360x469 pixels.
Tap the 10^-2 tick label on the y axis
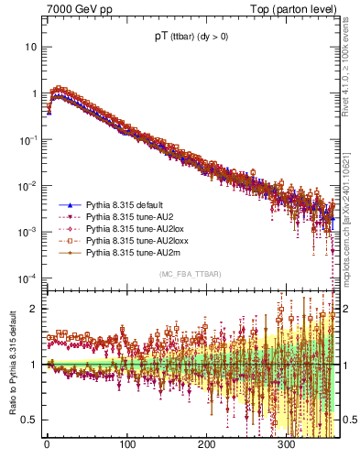[x=28, y=185]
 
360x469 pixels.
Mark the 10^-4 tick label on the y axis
[x=28, y=278]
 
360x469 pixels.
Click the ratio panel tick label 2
[x=34, y=309]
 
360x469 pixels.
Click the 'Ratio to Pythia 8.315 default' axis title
[x=10, y=363]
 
